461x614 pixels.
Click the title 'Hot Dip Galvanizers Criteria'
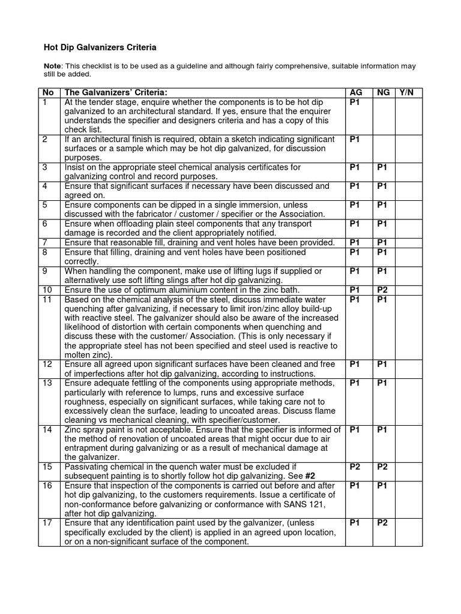click(x=100, y=46)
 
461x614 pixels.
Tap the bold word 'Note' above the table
click(x=53, y=66)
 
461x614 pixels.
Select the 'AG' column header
click(x=356, y=93)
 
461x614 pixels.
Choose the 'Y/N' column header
click(x=409, y=93)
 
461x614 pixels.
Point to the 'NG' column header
click(x=384, y=93)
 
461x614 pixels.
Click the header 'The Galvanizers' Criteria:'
click(x=115, y=93)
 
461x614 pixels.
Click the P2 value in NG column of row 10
click(x=383, y=290)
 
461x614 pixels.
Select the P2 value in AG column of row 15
click(x=355, y=466)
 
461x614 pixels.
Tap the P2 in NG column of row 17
click(x=383, y=523)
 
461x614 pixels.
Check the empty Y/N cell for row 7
click(x=409, y=242)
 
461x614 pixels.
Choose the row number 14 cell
click(x=49, y=429)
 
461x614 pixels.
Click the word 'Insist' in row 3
click(x=76, y=167)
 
